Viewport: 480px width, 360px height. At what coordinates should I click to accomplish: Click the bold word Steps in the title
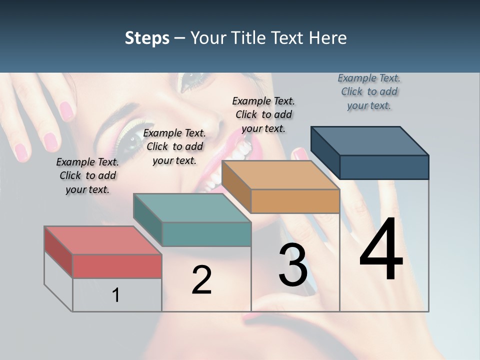[147, 38]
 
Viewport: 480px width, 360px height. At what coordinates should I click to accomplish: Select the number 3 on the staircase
[293, 265]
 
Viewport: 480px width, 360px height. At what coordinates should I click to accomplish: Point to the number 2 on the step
[201, 280]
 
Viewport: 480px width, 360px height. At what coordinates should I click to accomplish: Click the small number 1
[116, 295]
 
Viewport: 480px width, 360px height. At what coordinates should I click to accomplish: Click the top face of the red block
[102, 240]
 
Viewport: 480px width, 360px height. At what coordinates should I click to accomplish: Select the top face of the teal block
[191, 207]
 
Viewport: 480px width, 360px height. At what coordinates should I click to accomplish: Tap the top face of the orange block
[280, 175]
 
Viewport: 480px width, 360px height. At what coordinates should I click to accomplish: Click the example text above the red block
[87, 175]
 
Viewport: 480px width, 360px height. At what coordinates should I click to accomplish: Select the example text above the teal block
[174, 146]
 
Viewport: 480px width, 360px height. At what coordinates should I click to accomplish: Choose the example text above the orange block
[263, 114]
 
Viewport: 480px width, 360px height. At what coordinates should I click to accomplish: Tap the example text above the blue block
[369, 91]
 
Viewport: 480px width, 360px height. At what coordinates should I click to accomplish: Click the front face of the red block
[117, 266]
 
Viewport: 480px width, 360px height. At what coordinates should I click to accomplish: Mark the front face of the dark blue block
[384, 167]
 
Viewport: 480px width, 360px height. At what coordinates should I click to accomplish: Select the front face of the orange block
[295, 201]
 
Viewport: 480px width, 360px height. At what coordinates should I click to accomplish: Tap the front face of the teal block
[206, 234]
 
